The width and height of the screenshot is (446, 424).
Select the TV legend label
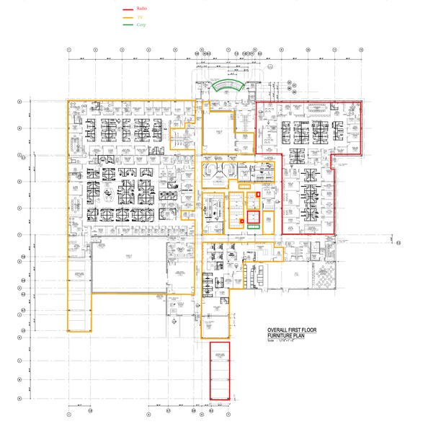(x=140, y=17)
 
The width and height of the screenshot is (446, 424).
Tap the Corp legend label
(x=141, y=25)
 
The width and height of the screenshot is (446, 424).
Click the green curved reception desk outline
(x=228, y=86)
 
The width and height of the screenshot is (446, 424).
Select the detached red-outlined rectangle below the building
(x=219, y=370)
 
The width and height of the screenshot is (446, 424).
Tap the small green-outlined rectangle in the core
(x=253, y=226)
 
